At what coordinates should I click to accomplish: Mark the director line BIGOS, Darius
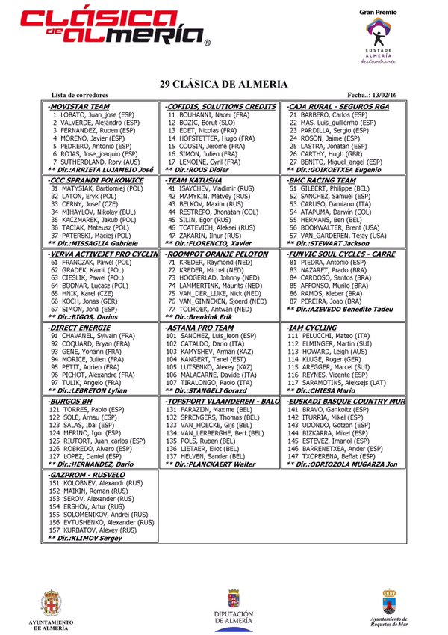(82, 316)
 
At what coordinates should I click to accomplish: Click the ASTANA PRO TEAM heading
(202, 328)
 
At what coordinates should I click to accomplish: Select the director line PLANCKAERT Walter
(213, 464)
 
